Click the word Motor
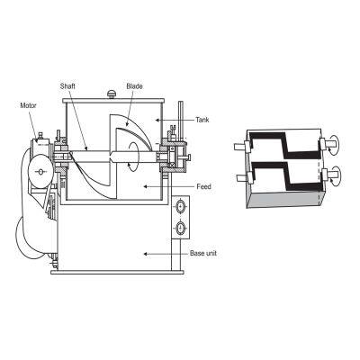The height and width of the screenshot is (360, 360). click(30, 103)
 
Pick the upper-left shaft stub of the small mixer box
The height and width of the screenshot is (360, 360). click(238, 145)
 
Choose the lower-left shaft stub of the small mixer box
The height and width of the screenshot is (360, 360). click(238, 176)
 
